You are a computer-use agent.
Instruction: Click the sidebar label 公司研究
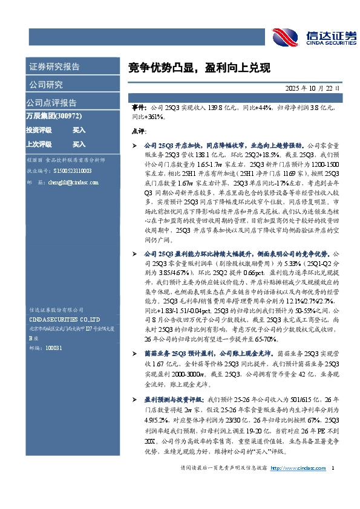[x=45, y=84]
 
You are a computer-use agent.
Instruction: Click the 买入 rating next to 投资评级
[x=79, y=130]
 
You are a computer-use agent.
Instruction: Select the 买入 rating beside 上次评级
[x=79, y=144]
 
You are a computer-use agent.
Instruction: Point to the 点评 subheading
[x=139, y=131]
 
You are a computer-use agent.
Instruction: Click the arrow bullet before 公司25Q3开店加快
[x=134, y=146]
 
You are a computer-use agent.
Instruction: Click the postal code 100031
[x=54, y=348]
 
